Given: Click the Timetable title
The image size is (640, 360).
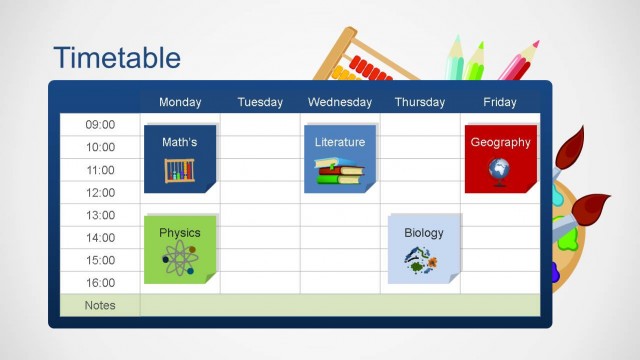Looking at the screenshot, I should click(117, 57).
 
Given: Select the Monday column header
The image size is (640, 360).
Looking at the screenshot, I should click(180, 102).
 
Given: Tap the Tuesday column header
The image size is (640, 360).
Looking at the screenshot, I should click(260, 102).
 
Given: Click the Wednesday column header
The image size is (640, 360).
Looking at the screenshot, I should click(340, 102).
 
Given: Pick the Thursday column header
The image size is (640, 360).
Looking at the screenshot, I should click(420, 102).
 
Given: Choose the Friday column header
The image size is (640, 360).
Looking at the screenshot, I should click(500, 102).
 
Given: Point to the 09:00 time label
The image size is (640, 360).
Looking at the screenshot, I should click(100, 125).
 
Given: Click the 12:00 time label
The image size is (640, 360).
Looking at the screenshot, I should click(100, 193).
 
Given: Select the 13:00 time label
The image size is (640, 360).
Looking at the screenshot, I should click(100, 215).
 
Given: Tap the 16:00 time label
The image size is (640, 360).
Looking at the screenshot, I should click(100, 283).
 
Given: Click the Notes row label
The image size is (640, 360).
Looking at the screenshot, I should click(100, 306).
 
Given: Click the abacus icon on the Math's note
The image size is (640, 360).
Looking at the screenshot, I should click(180, 170).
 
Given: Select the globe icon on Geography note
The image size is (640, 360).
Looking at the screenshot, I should click(499, 170).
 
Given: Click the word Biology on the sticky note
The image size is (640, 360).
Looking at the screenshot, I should click(424, 233).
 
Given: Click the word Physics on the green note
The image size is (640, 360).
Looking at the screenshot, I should click(180, 233).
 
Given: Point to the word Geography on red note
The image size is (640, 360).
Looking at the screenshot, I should click(500, 142).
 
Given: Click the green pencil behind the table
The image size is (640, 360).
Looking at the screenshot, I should click(473, 60).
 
